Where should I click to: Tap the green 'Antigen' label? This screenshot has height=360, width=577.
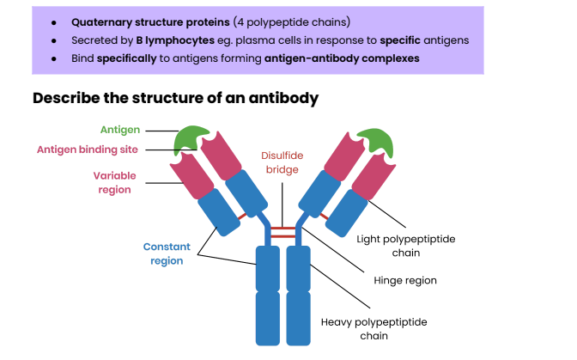pos(119,130)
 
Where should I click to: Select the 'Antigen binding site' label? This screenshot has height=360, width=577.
pos(88,149)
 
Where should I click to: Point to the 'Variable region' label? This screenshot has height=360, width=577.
pos(114,182)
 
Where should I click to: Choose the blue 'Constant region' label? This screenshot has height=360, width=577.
pos(167,253)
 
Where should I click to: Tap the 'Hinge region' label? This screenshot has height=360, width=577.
pos(405,280)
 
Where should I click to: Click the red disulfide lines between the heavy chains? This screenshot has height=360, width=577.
pos(282,232)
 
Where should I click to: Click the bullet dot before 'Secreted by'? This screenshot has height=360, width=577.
pos(54,40)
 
